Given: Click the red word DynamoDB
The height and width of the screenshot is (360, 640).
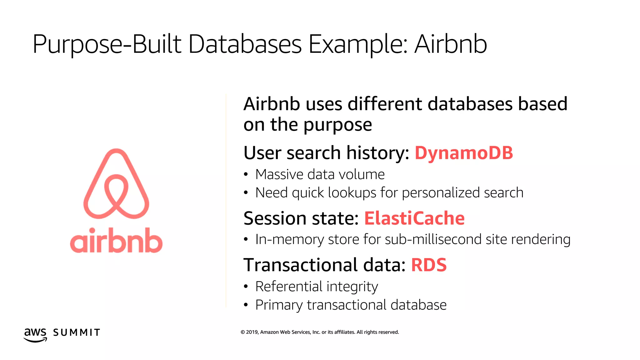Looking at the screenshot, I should (x=464, y=153).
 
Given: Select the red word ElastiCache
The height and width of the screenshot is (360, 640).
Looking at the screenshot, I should (x=414, y=218).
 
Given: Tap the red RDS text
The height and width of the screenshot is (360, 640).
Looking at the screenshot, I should (x=429, y=265).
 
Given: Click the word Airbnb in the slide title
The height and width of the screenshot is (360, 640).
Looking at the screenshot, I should (x=450, y=44).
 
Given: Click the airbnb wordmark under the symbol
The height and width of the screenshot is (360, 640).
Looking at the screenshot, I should (x=116, y=241).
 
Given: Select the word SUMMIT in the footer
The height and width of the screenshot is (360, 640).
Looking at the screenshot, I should (x=77, y=332).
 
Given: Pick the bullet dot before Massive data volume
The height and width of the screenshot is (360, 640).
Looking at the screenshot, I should (x=246, y=175).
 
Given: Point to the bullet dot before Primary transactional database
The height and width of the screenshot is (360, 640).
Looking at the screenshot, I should (x=246, y=305).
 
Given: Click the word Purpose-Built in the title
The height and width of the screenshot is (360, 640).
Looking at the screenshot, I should (x=107, y=44).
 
